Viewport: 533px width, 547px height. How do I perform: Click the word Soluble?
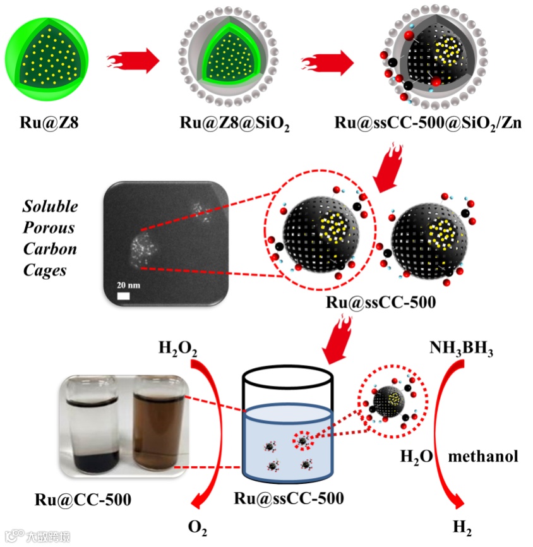[x=50, y=206]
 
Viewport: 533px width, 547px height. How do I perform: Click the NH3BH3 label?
[x=461, y=348]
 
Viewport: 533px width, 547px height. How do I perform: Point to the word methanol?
[x=483, y=455]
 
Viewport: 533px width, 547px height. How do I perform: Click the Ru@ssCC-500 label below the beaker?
[x=289, y=498]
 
